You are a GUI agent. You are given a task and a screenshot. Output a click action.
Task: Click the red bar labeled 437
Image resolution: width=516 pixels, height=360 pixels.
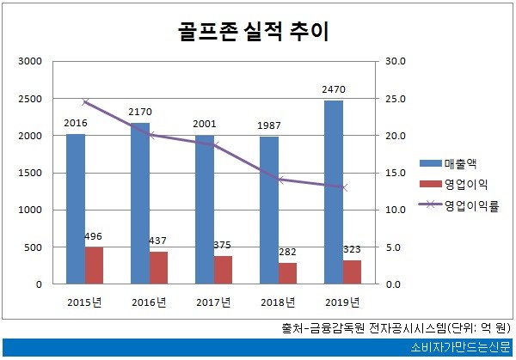coord(158,267)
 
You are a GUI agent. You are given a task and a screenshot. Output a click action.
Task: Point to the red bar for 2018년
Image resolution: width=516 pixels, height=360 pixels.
coord(287,273)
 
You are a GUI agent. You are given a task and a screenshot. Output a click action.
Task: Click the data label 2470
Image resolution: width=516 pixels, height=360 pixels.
coord(334,88)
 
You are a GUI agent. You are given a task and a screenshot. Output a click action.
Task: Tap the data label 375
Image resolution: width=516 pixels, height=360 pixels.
coord(222,245)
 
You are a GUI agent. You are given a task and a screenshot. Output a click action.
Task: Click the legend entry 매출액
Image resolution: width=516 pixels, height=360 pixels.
coord(462,163)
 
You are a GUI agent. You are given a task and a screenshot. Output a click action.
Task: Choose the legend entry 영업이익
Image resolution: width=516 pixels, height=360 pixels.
coord(467,184)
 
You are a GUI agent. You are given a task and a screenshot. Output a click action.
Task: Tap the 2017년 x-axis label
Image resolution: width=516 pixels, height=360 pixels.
coord(213,302)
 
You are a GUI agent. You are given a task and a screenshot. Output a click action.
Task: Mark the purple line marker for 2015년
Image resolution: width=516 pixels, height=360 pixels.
coord(84,102)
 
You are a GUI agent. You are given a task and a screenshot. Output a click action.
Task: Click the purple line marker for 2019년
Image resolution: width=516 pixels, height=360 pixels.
coord(343,187)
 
